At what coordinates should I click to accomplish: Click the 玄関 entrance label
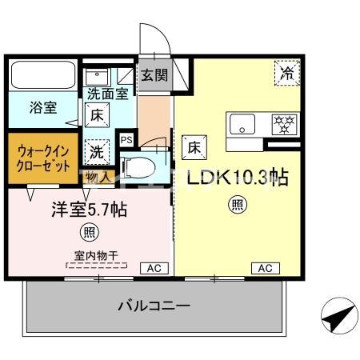[x=155, y=76]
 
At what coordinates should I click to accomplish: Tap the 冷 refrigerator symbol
[x=286, y=73]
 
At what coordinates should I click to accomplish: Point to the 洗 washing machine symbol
[x=96, y=150]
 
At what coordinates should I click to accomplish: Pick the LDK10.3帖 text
[x=238, y=177]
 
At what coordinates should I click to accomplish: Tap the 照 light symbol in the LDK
[x=238, y=206]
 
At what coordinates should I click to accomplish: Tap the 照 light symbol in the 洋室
[x=89, y=234]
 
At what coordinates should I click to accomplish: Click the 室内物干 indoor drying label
[x=90, y=255]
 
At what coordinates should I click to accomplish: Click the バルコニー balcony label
[x=154, y=305]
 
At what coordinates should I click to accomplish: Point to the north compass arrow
[x=334, y=317]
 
